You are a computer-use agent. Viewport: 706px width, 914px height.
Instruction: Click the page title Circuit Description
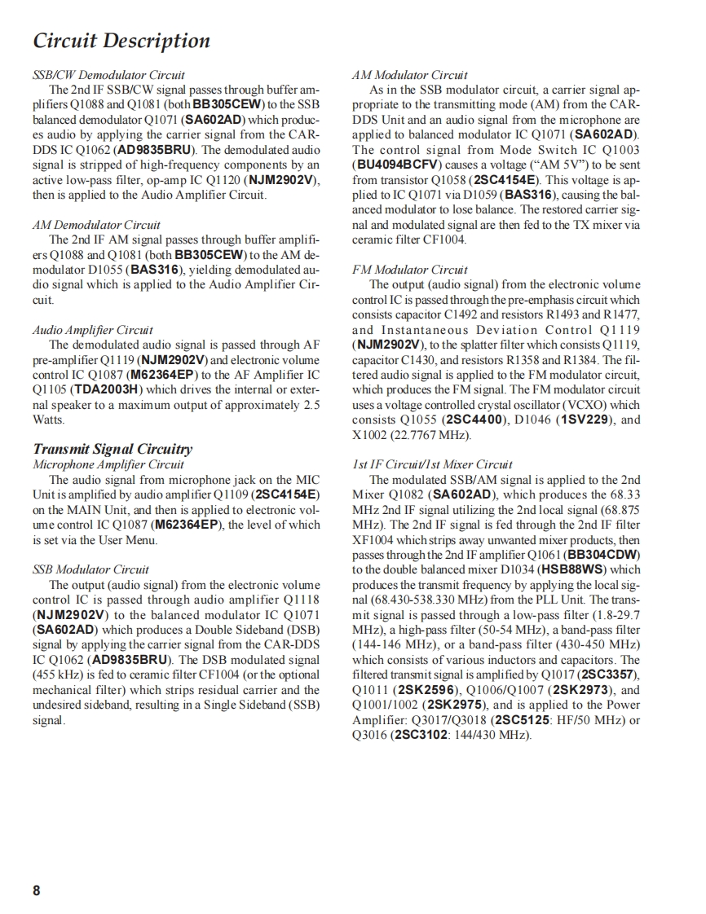coord(121,41)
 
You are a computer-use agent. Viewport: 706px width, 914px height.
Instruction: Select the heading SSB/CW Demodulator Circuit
coord(108,75)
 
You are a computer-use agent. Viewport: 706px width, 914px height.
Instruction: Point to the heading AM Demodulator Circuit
coord(96,225)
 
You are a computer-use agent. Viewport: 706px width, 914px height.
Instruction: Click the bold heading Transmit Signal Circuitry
coord(113,449)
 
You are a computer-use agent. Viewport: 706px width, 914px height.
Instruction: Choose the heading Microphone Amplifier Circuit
coord(108,464)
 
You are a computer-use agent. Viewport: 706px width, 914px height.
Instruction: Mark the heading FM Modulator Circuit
coord(410,270)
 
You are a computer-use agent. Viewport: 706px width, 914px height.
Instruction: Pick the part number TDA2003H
coord(104,389)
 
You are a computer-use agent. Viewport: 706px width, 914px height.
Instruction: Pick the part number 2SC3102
coord(421,736)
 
